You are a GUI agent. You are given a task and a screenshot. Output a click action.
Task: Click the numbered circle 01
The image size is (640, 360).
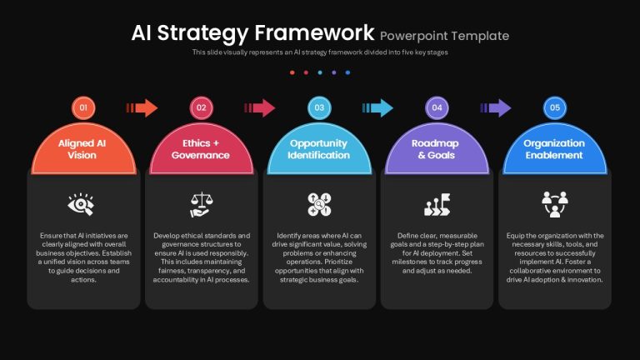pos(83,107)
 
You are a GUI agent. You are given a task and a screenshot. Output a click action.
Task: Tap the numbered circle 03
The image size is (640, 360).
pos(319,107)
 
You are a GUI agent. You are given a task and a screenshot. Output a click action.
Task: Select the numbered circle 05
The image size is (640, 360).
pos(555,107)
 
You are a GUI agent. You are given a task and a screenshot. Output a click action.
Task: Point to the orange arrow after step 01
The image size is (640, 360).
pos(142,107)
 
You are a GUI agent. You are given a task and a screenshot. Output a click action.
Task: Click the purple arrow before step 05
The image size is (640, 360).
pos(496,107)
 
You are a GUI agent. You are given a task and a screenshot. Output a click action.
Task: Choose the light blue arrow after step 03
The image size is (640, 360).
pos(377,107)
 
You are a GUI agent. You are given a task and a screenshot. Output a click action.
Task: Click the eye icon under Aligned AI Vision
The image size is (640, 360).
pos(81,204)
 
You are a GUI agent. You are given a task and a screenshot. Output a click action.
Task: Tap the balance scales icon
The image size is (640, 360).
pos(201,204)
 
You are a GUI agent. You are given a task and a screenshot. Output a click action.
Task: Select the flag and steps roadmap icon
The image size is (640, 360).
pos(437,204)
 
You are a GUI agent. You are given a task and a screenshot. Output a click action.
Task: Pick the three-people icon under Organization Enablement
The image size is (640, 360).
pos(555,204)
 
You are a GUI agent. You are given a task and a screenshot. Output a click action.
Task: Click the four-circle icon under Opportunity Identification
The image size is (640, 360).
pos(319,204)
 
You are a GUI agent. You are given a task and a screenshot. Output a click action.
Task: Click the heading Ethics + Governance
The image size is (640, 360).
pos(200,149)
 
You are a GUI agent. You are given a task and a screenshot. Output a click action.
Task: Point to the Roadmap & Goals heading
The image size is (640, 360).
pos(436,149)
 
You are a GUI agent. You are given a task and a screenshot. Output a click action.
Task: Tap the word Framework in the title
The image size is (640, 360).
pos(314,32)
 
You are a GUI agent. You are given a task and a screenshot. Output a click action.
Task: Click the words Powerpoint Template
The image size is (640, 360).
pos(444,36)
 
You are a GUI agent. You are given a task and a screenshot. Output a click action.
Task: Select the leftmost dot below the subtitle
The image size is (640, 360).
pos(292,72)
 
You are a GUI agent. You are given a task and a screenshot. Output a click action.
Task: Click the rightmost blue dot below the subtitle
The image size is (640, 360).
pos(347,72)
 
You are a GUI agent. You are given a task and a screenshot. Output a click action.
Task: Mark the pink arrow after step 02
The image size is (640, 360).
pos(260,107)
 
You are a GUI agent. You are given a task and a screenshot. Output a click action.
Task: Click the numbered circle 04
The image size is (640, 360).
pos(437,107)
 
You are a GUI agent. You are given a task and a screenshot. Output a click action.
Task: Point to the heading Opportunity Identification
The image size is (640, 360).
pos(319,149)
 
